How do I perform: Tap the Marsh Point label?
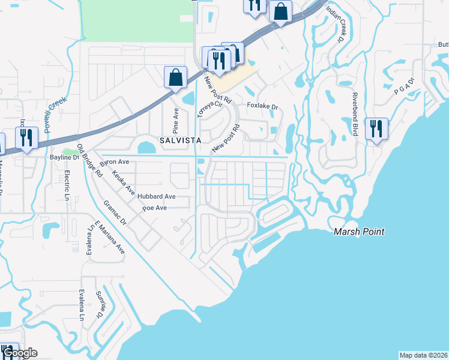(359, 232)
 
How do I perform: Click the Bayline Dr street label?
(64, 157)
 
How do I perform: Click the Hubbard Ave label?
(155, 196)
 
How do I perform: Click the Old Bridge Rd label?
(89, 162)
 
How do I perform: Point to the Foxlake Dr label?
(264, 107)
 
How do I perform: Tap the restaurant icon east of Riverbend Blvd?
(376, 129)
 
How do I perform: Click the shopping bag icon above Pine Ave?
(175, 77)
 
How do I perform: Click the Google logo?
(20, 353)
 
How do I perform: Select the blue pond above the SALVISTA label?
(146, 147)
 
